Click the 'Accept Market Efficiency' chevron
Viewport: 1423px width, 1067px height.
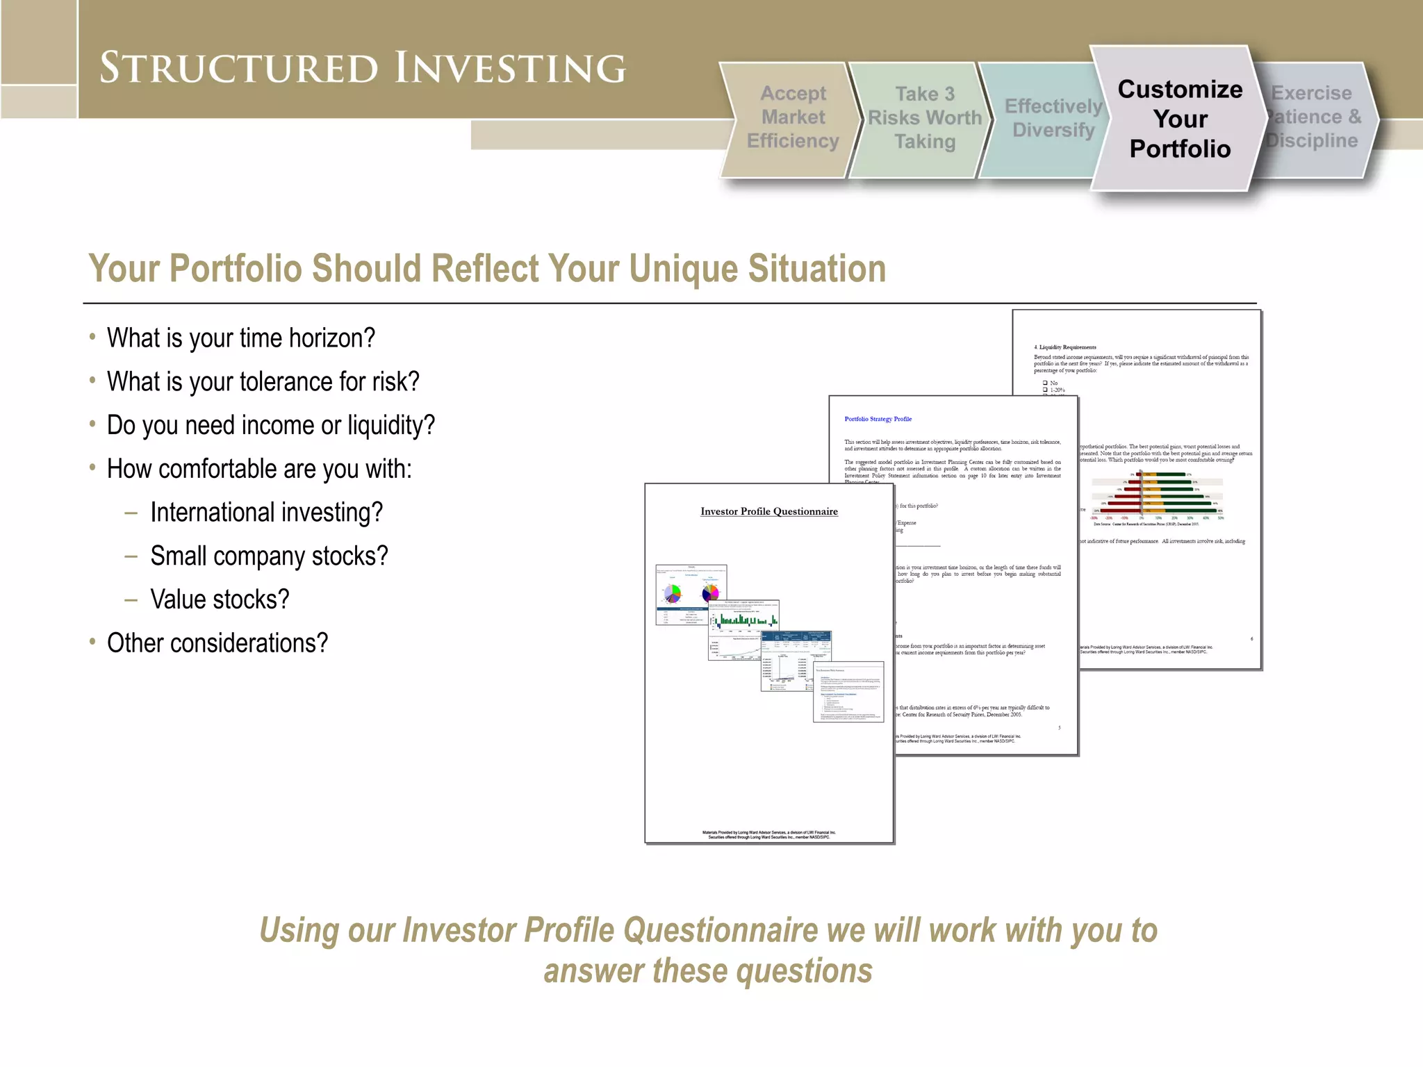pyautogui.click(x=792, y=117)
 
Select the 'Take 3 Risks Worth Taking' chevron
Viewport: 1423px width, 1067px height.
pyautogui.click(x=924, y=117)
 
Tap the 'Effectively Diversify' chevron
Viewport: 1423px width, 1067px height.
pyautogui.click(x=1053, y=118)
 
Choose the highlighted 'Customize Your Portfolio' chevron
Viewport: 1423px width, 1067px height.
pyautogui.click(x=1180, y=119)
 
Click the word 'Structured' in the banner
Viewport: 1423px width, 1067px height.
pyautogui.click(x=239, y=68)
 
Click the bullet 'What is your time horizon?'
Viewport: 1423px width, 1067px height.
pyautogui.click(x=240, y=338)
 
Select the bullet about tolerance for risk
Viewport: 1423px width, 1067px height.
pyautogui.click(x=263, y=382)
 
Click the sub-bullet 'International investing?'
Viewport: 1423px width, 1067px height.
pyautogui.click(x=266, y=513)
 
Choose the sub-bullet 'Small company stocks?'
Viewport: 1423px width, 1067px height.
pyautogui.click(x=269, y=556)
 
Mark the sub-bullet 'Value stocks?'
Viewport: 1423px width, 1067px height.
pyautogui.click(x=220, y=599)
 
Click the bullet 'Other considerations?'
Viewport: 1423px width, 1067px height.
pyautogui.click(x=217, y=643)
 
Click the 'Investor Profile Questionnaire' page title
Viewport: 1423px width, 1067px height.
pyautogui.click(x=768, y=511)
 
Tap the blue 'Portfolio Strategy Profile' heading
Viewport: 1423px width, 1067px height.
pyautogui.click(x=878, y=419)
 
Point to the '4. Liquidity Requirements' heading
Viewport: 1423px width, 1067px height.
pyautogui.click(x=1064, y=347)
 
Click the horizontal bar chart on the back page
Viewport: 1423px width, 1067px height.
pyautogui.click(x=1157, y=495)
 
